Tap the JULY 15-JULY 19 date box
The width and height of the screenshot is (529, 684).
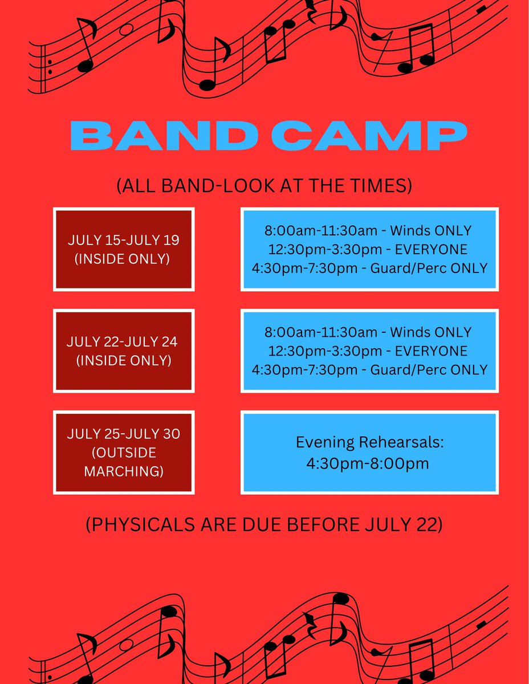[x=124, y=249]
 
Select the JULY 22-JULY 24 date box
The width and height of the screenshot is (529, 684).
[x=124, y=351]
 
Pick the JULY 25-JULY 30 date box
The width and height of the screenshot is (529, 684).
[x=124, y=452]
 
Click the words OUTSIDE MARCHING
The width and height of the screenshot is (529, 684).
[x=124, y=462]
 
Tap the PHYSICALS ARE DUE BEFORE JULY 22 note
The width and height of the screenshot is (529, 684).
[x=264, y=525]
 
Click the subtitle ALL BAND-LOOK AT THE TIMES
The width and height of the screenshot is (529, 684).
[x=264, y=186]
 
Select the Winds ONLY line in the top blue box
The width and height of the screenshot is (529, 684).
[x=368, y=231]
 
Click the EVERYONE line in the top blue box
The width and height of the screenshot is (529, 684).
[x=368, y=249]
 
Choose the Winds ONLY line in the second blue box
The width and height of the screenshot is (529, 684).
[x=368, y=332]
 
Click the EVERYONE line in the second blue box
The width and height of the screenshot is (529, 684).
[x=368, y=351]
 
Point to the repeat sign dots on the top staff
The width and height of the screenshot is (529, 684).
[x=51, y=67]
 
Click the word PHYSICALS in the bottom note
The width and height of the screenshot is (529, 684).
[x=137, y=525]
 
